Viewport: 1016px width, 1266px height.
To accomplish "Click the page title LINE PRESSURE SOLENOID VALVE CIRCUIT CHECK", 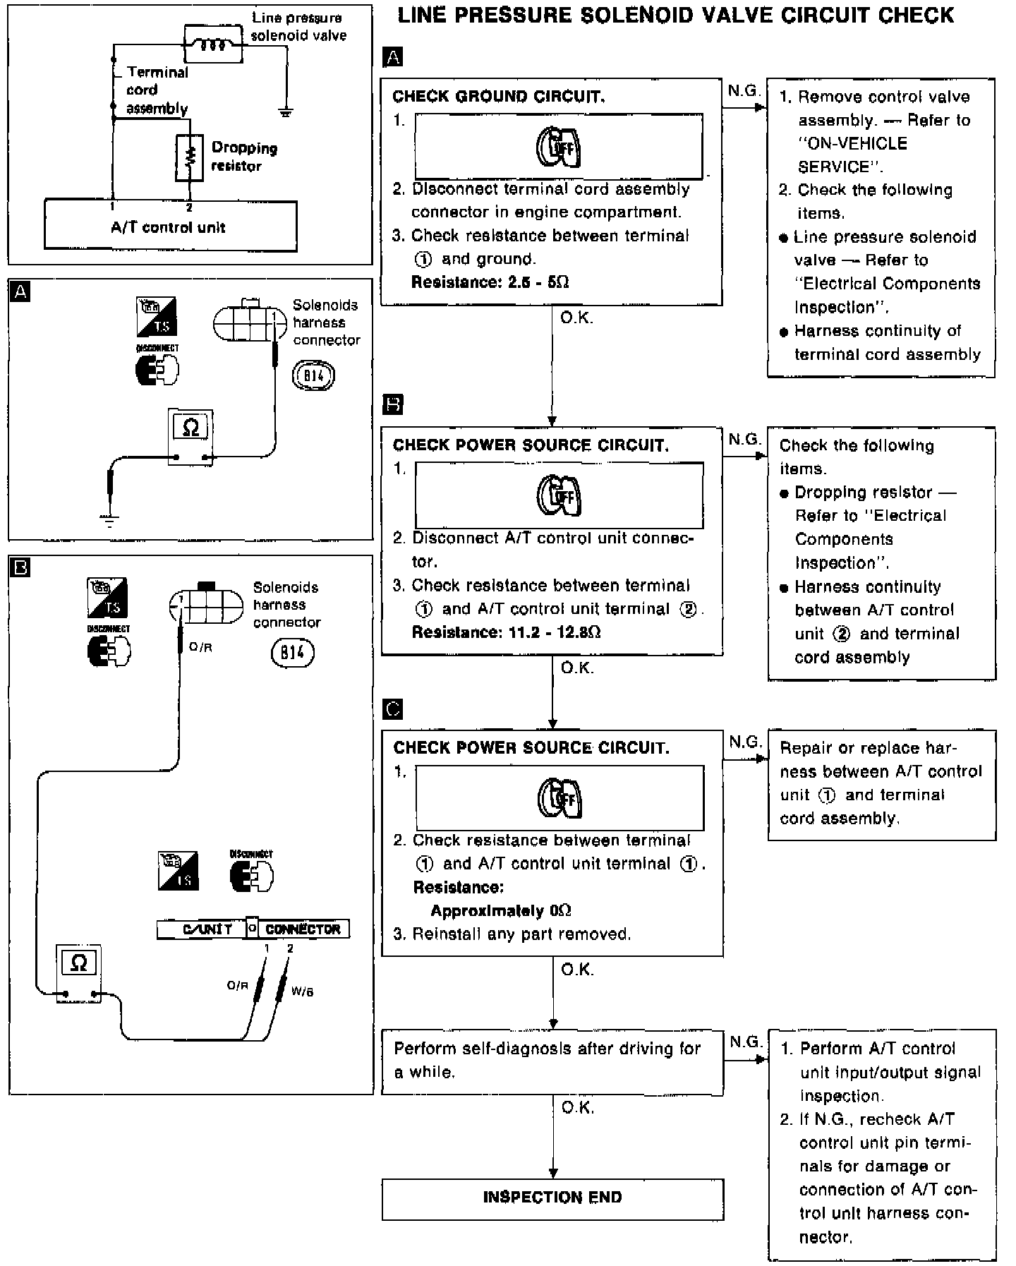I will [675, 16].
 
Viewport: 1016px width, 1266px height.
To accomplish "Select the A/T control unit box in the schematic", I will [170, 226].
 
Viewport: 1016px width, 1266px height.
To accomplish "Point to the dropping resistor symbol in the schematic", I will [189, 157].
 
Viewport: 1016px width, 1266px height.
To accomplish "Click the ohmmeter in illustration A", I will [190, 436].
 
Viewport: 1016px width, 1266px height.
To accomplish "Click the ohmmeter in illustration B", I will [79, 972].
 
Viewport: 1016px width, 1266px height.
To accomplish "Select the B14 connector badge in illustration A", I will [313, 375].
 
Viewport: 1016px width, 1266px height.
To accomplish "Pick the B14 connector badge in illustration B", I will [292, 653].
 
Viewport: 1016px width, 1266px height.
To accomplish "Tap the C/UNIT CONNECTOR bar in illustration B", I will [253, 929].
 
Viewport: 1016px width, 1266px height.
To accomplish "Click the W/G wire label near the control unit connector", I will [302, 991].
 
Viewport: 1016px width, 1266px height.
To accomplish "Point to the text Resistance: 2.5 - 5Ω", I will [490, 282].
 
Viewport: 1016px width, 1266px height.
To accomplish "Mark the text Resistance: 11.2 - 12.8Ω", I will [506, 632].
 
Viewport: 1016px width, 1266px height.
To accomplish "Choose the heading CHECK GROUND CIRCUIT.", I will [498, 97].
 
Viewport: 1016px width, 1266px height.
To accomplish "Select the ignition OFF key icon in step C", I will [560, 797].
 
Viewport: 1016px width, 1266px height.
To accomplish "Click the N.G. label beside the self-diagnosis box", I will [745, 1042].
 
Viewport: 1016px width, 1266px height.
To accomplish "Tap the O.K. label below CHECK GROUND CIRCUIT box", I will [576, 318].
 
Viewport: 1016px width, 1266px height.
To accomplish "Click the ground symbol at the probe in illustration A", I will [109, 521].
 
